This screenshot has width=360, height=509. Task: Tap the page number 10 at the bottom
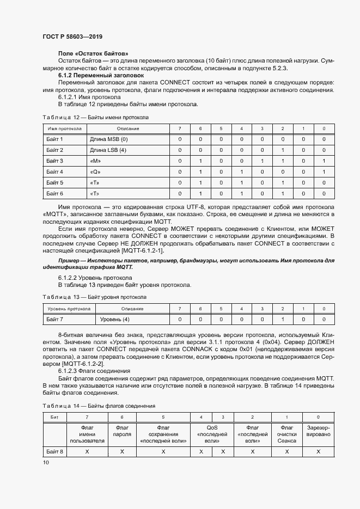[x=46, y=462]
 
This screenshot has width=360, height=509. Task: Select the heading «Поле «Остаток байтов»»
[x=93, y=53]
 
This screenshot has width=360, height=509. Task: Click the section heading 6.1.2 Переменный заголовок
[x=101, y=75]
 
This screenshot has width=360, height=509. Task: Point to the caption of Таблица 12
[x=95, y=118]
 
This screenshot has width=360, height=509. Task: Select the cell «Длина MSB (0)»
[x=108, y=139]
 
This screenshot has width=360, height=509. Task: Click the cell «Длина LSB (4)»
[x=108, y=150]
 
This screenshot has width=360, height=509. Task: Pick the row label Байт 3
[x=55, y=161]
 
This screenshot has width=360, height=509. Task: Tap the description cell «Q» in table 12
[x=95, y=172]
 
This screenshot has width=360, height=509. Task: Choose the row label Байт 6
[x=55, y=194]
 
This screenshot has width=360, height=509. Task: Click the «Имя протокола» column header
[x=65, y=128]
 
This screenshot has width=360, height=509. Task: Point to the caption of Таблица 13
[x=94, y=297]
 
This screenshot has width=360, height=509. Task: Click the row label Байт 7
[x=55, y=319]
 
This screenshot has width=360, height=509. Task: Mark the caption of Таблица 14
[x=99, y=406]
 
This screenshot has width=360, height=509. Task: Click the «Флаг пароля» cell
[x=122, y=431]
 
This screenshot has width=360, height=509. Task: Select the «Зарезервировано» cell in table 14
[x=319, y=431]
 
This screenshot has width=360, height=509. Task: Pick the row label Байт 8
[x=55, y=452]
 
